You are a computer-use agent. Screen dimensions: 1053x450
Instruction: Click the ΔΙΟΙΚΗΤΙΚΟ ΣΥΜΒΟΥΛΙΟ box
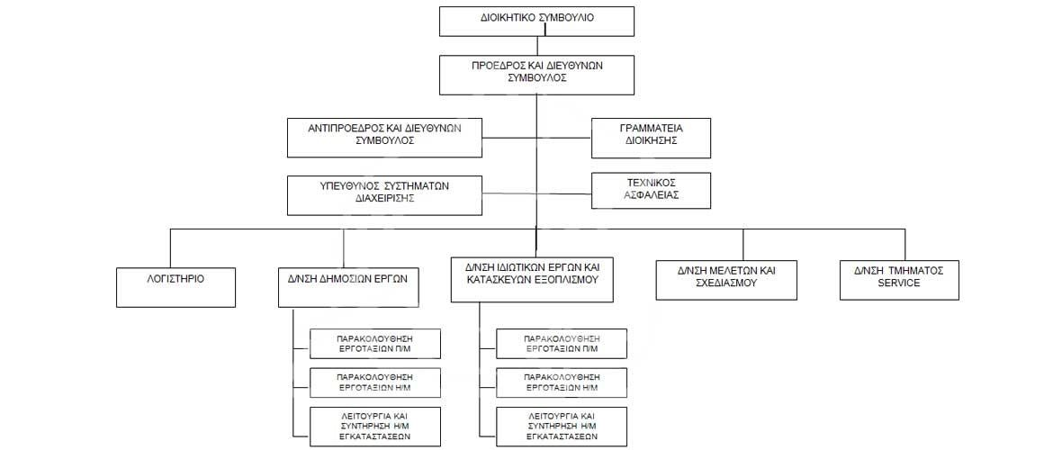click(x=536, y=22)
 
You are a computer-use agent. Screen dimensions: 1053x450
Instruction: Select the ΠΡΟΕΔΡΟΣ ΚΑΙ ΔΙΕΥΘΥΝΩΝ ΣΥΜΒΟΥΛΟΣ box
click(x=536, y=76)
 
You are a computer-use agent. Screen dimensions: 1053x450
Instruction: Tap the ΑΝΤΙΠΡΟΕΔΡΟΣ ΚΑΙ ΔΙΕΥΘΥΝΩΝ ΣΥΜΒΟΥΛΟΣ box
click(x=384, y=138)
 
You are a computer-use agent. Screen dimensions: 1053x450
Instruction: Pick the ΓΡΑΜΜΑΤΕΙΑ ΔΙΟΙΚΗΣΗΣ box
click(x=651, y=138)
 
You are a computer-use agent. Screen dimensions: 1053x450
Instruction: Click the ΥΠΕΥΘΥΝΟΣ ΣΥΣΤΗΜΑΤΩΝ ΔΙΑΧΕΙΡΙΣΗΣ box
click(x=384, y=195)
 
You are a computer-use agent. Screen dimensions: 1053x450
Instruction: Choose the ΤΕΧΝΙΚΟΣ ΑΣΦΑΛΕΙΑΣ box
click(x=651, y=190)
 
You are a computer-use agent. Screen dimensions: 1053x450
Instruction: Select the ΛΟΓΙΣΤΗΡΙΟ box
click(x=175, y=287)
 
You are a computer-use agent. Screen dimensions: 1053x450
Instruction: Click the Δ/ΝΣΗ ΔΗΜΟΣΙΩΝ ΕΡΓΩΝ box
click(x=344, y=287)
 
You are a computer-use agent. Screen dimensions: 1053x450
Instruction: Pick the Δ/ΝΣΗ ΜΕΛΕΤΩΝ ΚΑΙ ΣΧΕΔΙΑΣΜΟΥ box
click(x=726, y=279)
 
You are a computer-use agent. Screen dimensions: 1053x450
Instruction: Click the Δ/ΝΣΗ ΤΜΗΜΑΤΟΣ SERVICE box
click(x=899, y=279)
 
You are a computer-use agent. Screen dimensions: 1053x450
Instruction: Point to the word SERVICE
click(x=899, y=283)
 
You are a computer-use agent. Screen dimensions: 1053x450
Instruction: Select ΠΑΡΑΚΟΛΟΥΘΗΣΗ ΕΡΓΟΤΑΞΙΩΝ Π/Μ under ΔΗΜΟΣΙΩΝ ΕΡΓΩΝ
click(x=375, y=344)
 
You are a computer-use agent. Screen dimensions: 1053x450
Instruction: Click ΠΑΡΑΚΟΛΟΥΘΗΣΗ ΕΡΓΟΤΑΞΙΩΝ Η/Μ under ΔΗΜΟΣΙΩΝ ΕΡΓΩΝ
click(x=375, y=382)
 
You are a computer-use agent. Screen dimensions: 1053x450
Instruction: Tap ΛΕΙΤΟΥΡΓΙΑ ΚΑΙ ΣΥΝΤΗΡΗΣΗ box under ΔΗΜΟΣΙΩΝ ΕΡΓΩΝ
click(x=375, y=426)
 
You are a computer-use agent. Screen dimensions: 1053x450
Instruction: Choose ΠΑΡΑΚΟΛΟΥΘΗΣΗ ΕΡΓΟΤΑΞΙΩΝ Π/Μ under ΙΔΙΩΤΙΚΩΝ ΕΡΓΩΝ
click(x=562, y=344)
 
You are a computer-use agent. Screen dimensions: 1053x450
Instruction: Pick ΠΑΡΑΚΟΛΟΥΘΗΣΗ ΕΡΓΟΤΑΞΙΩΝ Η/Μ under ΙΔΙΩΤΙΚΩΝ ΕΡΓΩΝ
click(x=562, y=382)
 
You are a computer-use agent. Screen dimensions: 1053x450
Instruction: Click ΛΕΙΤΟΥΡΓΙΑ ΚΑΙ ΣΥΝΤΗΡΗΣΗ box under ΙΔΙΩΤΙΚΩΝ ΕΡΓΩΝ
click(x=562, y=426)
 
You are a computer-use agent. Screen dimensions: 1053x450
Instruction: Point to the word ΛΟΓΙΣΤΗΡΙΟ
click(x=175, y=277)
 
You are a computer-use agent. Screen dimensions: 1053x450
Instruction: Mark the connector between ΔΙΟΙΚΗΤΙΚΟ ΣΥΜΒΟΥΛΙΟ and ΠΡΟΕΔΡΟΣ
click(x=536, y=46)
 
